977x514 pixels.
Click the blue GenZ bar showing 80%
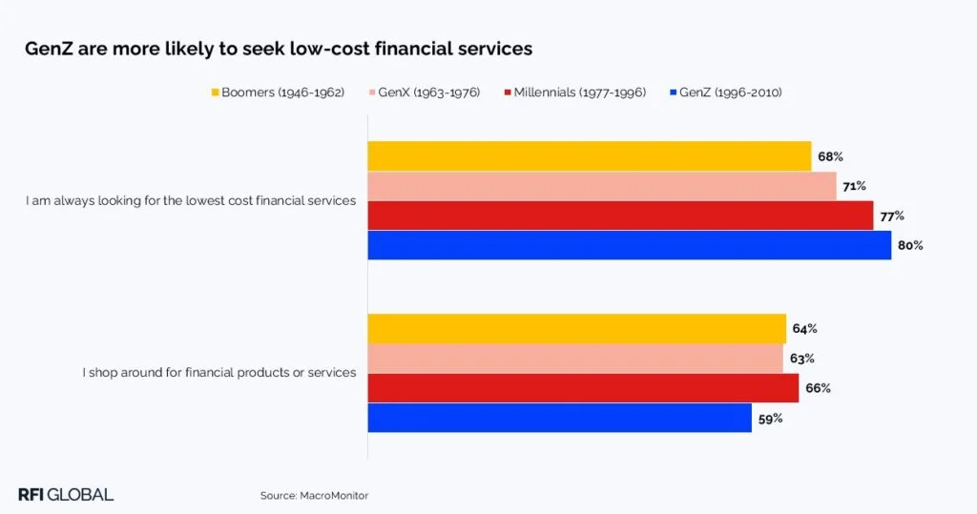click(630, 245)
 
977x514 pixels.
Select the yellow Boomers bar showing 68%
click(590, 156)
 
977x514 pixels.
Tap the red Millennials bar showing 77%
click(620, 216)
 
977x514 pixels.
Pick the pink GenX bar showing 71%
click(602, 186)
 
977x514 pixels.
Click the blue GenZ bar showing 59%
click(560, 418)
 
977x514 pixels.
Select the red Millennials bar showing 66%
click(583, 388)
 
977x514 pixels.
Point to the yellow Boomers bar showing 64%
click(577, 329)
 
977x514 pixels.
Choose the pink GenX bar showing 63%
click(575, 359)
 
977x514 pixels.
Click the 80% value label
click(909, 245)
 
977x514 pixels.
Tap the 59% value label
click(770, 418)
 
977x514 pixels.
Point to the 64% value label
click(804, 329)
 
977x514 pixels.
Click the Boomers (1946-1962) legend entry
click(278, 93)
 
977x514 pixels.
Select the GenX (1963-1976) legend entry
click(424, 93)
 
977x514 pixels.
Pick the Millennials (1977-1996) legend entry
click(574, 93)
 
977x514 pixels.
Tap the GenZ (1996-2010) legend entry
click(726, 93)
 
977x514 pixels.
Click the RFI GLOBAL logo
click(66, 494)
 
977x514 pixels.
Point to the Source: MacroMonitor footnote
click(314, 496)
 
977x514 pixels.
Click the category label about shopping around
click(219, 373)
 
